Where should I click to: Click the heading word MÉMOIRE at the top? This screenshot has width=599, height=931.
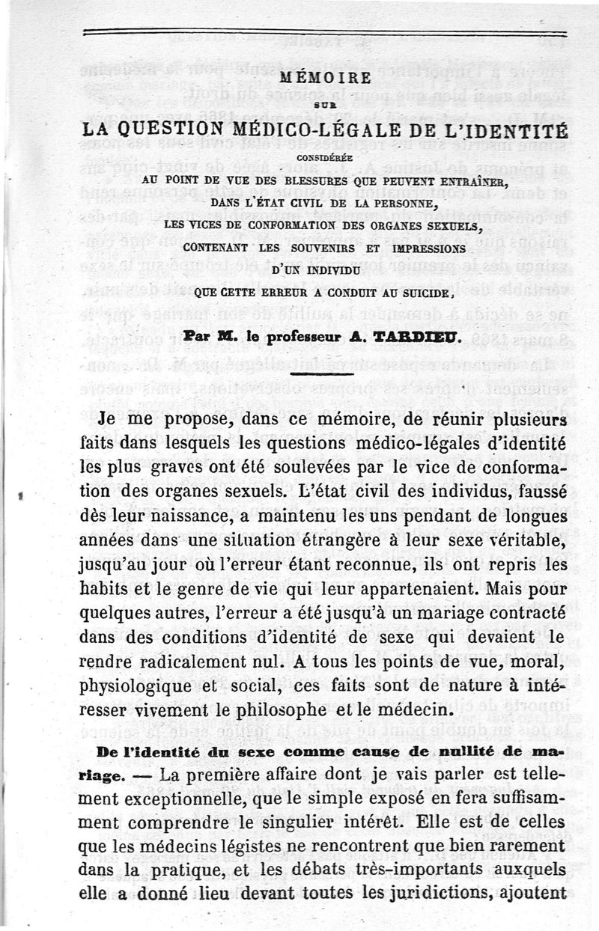[323, 77]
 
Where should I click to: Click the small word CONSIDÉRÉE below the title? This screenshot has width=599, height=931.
[323, 158]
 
